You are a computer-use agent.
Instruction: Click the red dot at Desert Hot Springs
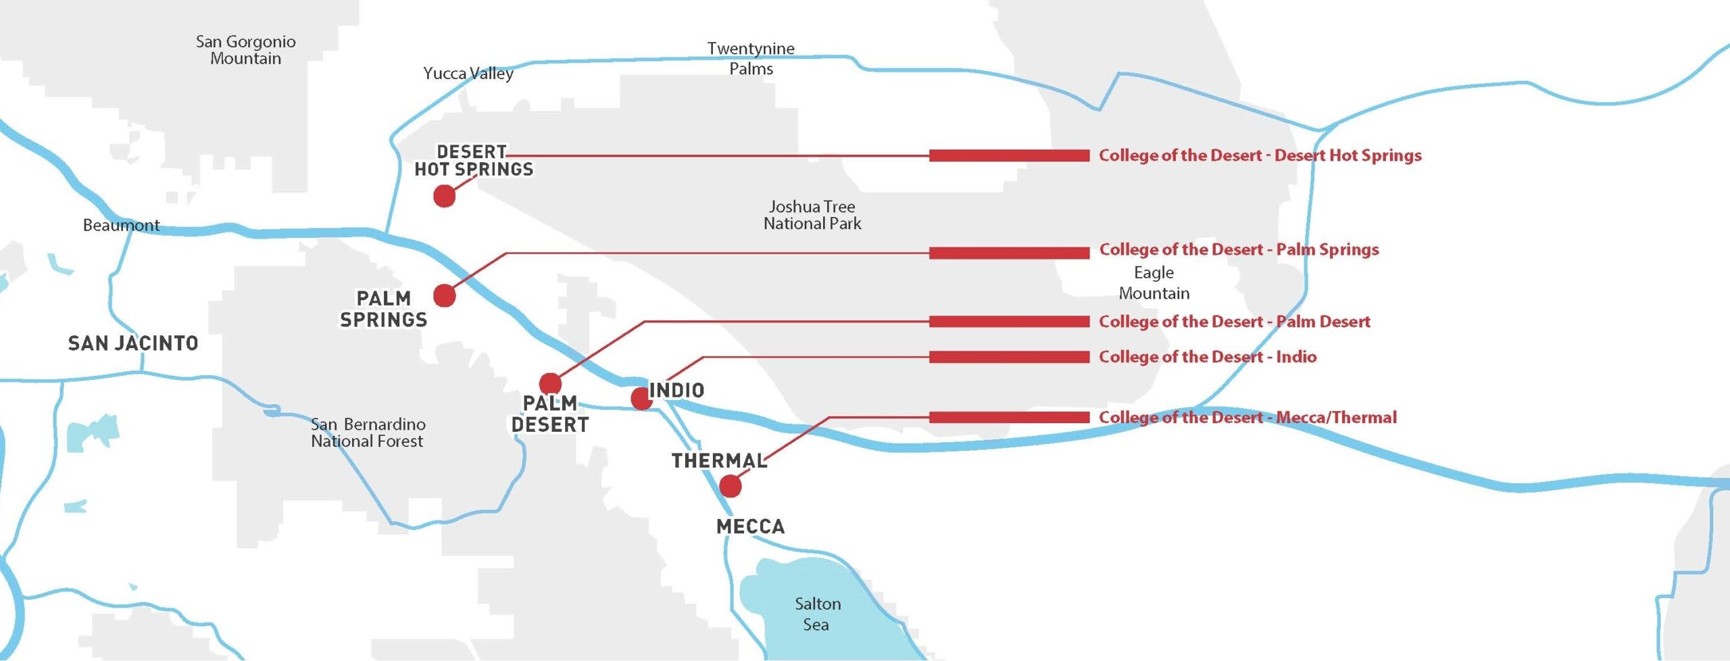coord(444,196)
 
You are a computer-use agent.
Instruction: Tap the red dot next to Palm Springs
coord(444,295)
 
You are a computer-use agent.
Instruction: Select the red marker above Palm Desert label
coord(550,383)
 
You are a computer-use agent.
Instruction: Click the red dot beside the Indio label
coord(641,398)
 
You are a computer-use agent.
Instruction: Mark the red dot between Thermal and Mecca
coord(730,486)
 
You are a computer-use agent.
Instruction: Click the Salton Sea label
coord(817,614)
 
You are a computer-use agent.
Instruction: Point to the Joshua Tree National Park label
coord(812,215)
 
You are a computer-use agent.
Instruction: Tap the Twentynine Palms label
coord(751,58)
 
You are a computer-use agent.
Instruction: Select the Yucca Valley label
coord(468,73)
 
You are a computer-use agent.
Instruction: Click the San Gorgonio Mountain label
coord(245,50)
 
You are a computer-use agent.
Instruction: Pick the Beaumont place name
coord(121,225)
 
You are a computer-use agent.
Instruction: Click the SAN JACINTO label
coord(133,343)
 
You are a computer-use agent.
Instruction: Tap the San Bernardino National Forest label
coord(368,433)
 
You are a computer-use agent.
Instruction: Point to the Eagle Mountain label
coord(1154,283)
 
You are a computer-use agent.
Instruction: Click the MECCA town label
coord(750,527)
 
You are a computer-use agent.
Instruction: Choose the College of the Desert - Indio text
coord(1207,357)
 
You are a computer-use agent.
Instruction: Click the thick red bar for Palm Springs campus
coord(1009,253)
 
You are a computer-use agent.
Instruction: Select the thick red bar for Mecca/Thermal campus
coord(1009,417)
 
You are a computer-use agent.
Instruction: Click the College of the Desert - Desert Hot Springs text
coord(1260,155)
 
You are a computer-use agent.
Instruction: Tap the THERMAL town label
coord(719,461)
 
